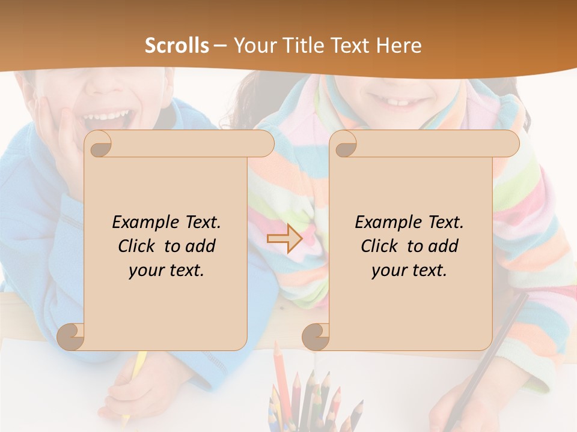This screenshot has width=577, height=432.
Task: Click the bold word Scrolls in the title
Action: [177, 46]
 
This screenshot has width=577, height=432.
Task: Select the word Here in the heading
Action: [398, 46]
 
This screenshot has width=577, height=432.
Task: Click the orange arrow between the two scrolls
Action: [284, 238]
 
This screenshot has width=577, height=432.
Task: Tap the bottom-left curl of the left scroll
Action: [70, 337]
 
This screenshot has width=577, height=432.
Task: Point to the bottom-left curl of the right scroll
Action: [316, 337]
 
